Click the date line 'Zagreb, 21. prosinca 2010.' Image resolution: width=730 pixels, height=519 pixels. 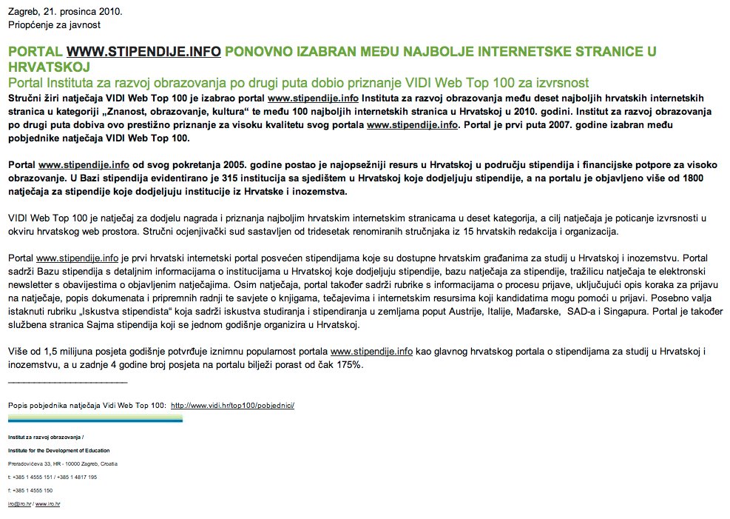coord(66,12)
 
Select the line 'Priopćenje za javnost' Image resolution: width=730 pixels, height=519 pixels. coord(54,25)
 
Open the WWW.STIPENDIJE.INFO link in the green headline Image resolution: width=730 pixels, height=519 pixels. coord(143,52)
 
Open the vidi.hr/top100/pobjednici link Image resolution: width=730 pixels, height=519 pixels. coord(233,406)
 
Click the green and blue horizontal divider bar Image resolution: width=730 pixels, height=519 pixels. coord(95,419)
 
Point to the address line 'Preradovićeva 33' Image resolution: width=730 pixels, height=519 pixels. coord(63,463)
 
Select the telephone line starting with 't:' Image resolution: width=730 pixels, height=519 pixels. coord(53,477)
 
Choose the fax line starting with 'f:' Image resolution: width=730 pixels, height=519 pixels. coord(30,490)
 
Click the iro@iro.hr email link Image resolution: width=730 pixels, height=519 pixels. coord(19,503)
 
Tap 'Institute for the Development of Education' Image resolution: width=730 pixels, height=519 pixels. coord(59,450)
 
